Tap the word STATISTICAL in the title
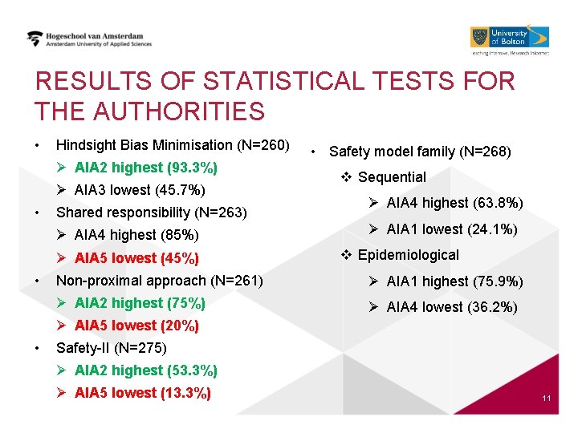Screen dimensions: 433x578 288,82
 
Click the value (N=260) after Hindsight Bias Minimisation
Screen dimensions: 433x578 263,145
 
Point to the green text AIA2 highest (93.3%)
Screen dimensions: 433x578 145,168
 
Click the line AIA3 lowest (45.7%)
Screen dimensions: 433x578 140,190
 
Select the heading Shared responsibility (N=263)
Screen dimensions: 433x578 151,212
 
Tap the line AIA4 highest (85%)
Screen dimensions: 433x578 136,235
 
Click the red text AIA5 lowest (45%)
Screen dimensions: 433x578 136,258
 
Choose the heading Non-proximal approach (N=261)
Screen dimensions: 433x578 159,281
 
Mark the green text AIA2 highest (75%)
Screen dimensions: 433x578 140,303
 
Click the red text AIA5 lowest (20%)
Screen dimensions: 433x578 136,326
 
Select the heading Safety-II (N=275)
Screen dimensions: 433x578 111,348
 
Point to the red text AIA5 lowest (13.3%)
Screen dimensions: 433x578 143,393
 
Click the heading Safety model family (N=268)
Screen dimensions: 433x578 420,151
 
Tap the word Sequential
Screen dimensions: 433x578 392,177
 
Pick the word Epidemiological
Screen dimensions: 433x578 408,255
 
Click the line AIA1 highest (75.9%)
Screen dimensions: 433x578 454,281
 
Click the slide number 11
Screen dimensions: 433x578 546,399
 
